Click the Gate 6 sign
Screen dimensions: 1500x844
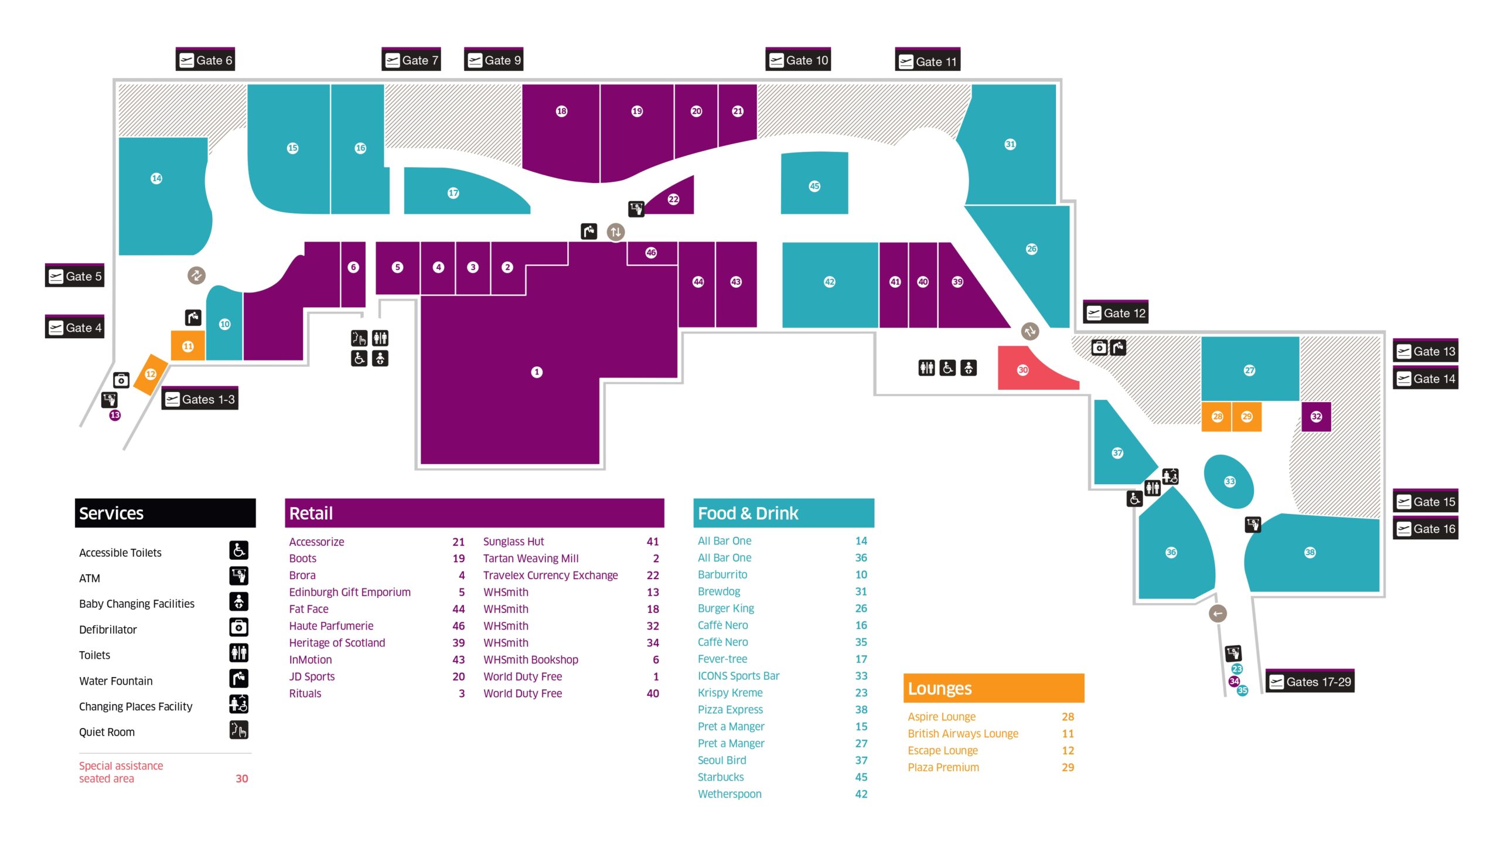205,59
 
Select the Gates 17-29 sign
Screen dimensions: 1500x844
1310,681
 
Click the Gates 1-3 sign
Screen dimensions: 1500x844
200,399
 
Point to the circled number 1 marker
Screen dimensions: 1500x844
537,372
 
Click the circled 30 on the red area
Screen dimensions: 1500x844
1022,370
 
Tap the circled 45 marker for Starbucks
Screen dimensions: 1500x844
814,186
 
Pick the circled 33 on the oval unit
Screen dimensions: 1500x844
1229,482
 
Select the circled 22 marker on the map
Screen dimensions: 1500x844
673,199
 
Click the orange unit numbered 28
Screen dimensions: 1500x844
1216,417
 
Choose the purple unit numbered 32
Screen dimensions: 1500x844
1316,417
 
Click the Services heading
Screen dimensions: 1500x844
111,513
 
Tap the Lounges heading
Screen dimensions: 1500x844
940,689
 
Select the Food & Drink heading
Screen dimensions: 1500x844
748,513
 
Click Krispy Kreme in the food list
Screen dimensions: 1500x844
730,693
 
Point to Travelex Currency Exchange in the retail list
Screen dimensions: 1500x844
550,575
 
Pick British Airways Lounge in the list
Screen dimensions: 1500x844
963,733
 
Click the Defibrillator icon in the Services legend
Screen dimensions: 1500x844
238,627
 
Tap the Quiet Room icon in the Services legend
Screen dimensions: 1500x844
238,730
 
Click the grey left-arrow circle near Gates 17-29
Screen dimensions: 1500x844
1218,614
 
